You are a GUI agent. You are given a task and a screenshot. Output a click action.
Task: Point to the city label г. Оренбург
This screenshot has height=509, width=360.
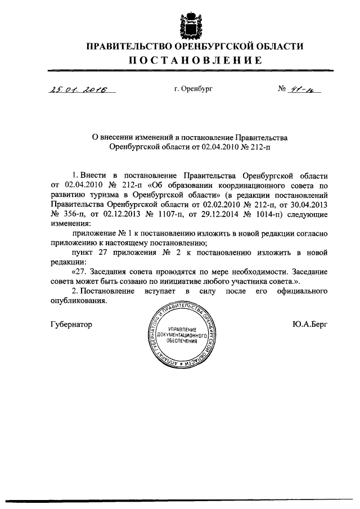point(194,89)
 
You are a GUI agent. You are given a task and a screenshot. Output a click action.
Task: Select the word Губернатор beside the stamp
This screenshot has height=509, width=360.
point(71,325)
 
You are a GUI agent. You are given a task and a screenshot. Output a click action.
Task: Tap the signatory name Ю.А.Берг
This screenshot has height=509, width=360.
point(309,325)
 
